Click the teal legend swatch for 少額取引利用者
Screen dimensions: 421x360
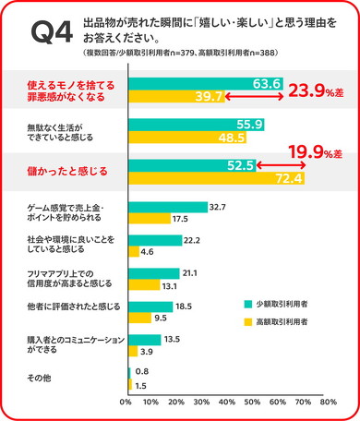(248, 303)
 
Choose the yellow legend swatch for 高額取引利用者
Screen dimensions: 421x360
(248, 322)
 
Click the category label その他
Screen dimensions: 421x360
(38, 378)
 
